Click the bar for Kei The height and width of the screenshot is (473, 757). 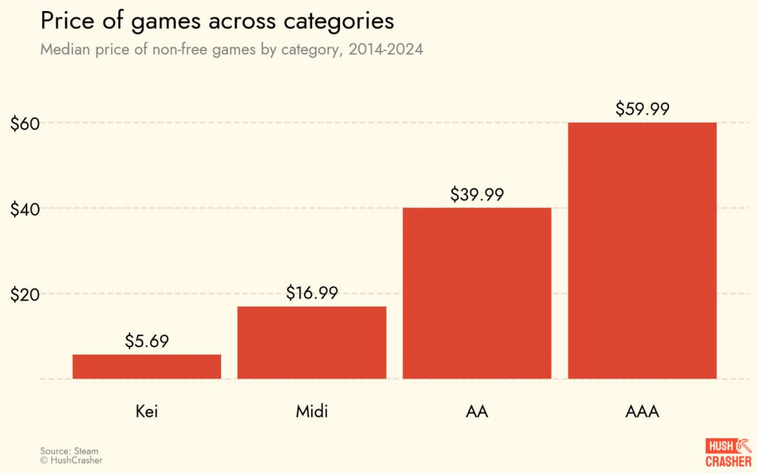(x=146, y=367)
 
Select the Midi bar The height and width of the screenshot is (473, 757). (x=312, y=342)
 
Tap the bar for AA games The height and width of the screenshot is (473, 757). (x=477, y=293)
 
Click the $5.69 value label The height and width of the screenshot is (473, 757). (x=146, y=341)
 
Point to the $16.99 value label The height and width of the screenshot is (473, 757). (x=312, y=293)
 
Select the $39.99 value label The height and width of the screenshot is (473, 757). (x=477, y=194)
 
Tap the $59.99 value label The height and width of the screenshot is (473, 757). (x=642, y=109)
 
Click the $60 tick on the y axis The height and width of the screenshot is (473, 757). (x=24, y=123)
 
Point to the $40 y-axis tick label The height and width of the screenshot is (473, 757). (x=24, y=209)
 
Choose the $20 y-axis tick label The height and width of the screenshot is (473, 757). (x=24, y=294)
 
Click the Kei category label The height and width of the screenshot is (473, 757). (x=146, y=411)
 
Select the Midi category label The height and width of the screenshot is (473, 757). (x=306, y=411)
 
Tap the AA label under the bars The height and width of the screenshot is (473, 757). (x=477, y=411)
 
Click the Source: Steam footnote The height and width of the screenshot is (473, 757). (x=69, y=450)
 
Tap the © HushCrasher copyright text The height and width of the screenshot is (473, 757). (x=72, y=460)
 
